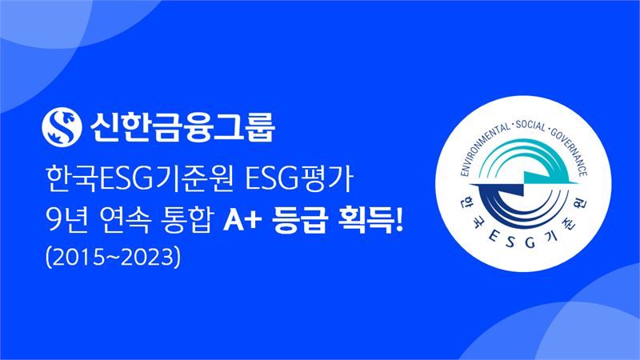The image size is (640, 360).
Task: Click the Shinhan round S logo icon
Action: coord(62,127)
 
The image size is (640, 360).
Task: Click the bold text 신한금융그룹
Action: coord(182,127)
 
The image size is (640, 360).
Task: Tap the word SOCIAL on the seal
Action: coord(531,126)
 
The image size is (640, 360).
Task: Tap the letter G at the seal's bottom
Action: coord(530,242)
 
